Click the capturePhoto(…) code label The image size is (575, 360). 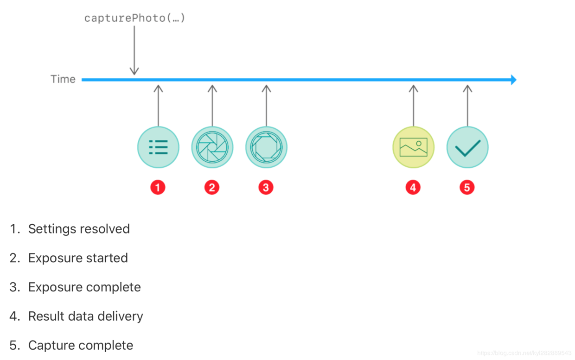[x=134, y=18]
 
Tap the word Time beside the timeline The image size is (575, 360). [x=63, y=79]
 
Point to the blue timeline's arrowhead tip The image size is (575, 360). [x=516, y=80]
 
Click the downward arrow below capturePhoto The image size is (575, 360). [x=134, y=50]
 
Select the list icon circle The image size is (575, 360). [x=158, y=147]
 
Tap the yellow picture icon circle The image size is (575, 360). [x=413, y=147]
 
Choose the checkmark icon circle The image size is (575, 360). [x=467, y=147]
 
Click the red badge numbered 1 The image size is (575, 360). [x=158, y=188]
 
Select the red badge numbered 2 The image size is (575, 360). [x=212, y=188]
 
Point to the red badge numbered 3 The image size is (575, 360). [x=266, y=188]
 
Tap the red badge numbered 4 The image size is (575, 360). [x=413, y=188]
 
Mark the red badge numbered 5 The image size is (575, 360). [x=467, y=188]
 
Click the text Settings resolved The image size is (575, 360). [x=79, y=229]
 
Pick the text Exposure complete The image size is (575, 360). [x=84, y=287]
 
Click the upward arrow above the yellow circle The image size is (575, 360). [x=413, y=106]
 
